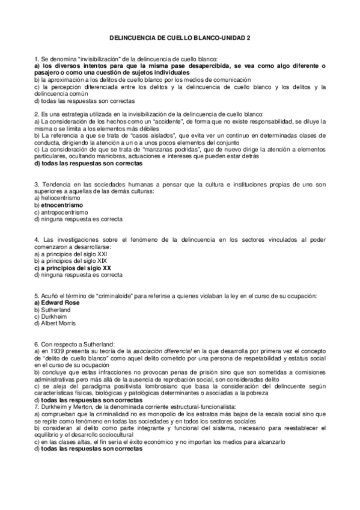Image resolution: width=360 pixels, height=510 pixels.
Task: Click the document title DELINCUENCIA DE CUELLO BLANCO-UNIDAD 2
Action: [x=180, y=37]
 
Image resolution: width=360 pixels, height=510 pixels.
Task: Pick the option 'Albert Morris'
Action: [x=58, y=323]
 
